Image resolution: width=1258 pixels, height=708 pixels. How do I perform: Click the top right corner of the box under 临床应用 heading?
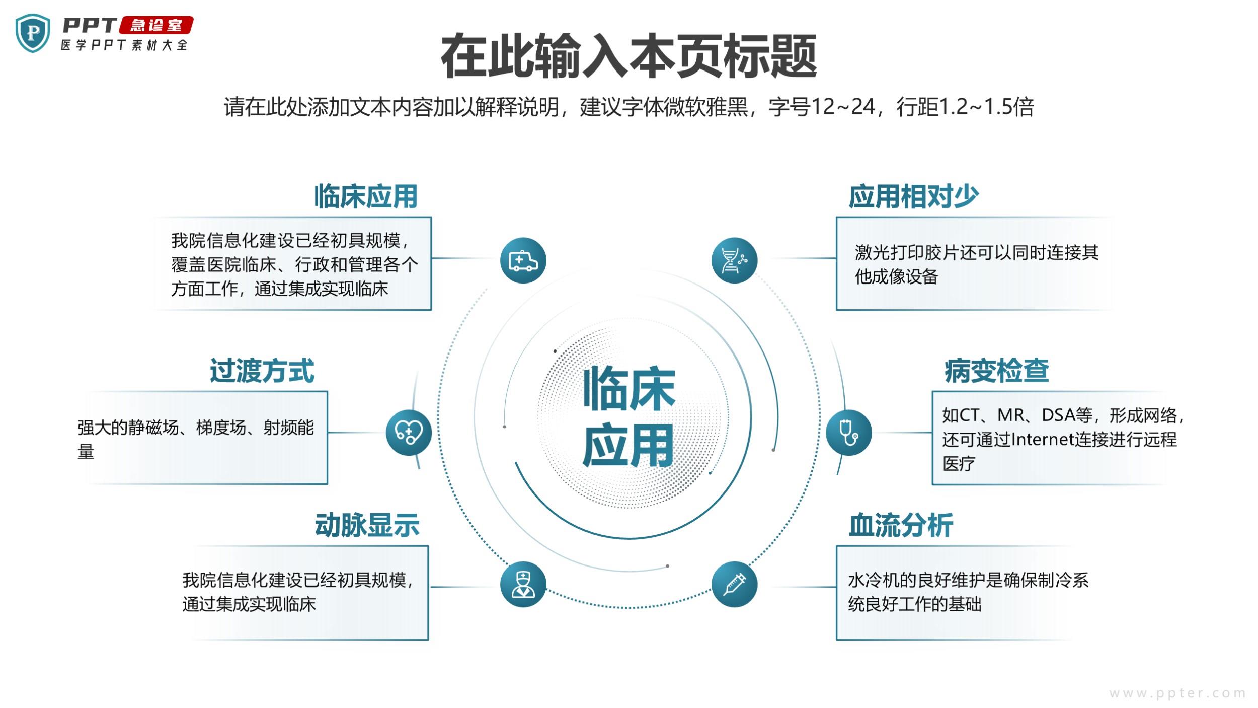(x=431, y=218)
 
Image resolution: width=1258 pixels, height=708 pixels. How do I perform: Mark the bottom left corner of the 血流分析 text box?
(x=836, y=640)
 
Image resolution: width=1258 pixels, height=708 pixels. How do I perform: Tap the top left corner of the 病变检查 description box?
(x=932, y=392)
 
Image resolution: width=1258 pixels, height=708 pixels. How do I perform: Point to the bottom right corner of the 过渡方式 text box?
(x=328, y=484)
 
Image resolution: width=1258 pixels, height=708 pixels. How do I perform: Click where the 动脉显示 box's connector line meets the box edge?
(x=428, y=587)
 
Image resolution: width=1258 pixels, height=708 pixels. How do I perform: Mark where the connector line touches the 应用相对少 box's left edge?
(x=836, y=258)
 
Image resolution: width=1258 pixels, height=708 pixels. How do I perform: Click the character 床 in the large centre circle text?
(x=652, y=389)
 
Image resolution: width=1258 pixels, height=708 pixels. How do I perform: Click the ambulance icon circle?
(x=523, y=260)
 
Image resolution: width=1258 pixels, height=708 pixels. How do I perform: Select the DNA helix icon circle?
(x=735, y=260)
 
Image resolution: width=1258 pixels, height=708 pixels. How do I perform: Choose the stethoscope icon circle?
(x=849, y=433)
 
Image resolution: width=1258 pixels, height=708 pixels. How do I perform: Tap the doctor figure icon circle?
(x=523, y=584)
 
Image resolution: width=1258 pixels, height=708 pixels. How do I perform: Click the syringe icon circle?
(x=735, y=584)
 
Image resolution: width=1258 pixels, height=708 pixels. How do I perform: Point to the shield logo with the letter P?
(x=33, y=33)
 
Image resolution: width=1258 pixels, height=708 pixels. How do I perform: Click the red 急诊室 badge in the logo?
(x=155, y=25)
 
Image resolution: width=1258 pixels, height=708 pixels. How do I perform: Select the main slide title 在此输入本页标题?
(x=629, y=56)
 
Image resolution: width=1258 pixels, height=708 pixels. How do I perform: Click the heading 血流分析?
(x=901, y=525)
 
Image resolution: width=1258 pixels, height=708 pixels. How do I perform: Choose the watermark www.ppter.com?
(x=1178, y=693)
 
